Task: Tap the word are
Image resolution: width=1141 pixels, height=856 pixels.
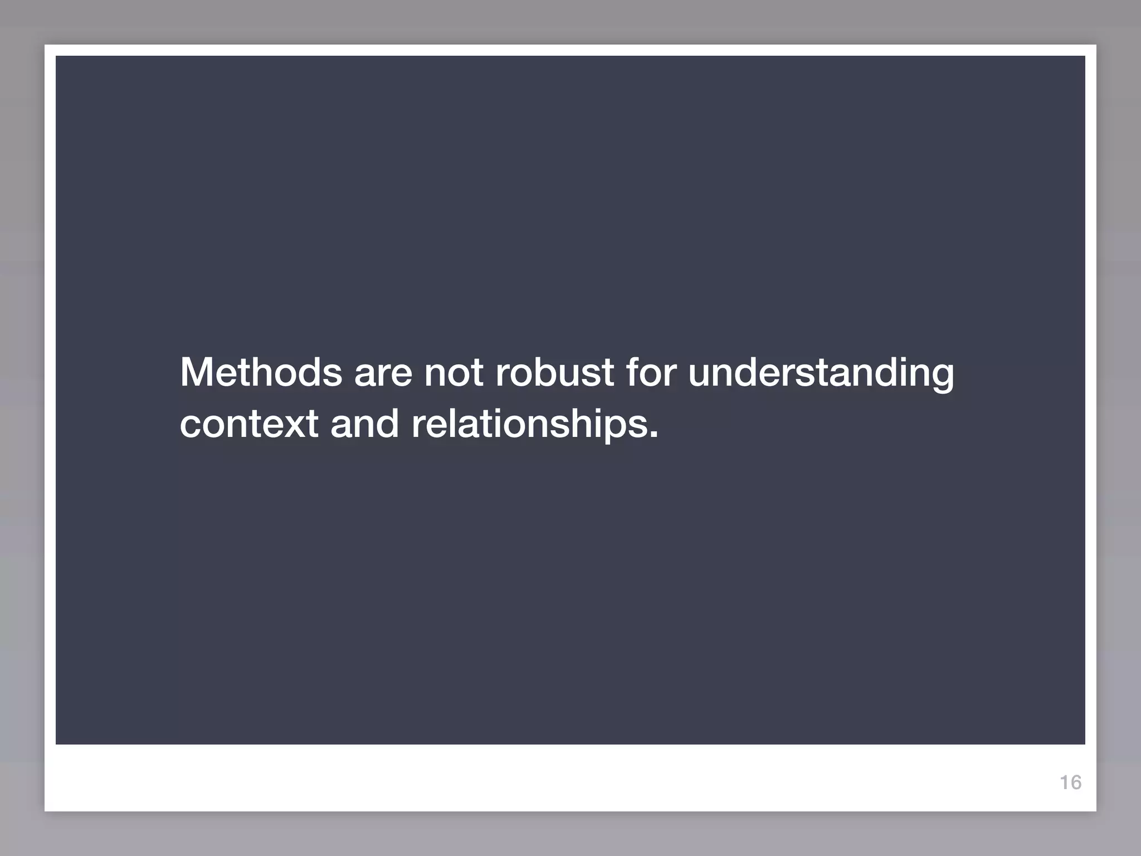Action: [x=383, y=373]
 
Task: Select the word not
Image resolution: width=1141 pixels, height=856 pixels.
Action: [x=454, y=373]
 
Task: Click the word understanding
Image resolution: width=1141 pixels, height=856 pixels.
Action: [x=821, y=373]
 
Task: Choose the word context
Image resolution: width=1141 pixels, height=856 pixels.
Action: [x=249, y=424]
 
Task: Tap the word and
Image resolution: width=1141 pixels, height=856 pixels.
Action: [x=364, y=423]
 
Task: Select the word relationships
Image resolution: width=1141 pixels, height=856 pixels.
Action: [x=530, y=424]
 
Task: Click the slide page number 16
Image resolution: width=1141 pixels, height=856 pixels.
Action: [x=1070, y=782]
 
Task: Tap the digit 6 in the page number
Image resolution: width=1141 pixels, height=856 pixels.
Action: [x=1075, y=782]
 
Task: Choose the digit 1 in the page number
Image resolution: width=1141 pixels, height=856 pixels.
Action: [x=1064, y=782]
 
